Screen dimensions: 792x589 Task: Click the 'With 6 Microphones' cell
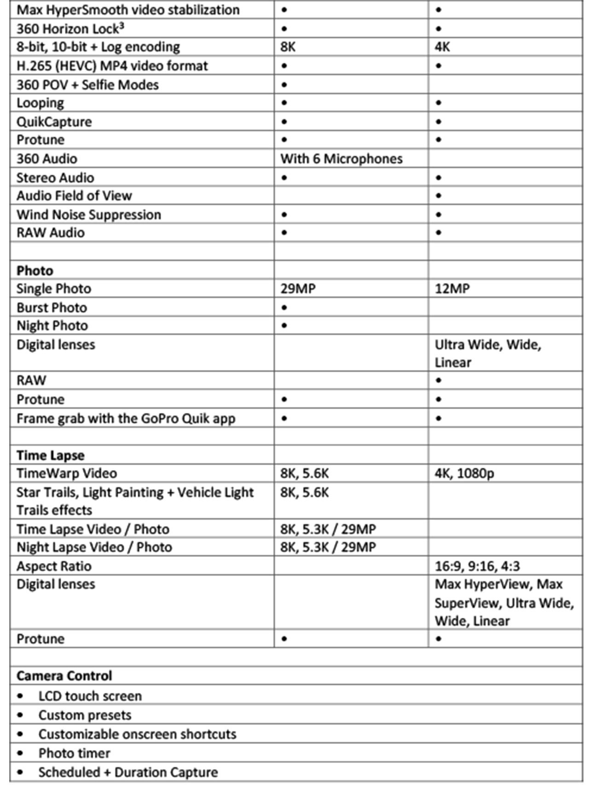pyautogui.click(x=341, y=159)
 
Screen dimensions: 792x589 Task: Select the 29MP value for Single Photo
pyautogui.click(x=298, y=289)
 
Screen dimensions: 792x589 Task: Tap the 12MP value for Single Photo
pyautogui.click(x=452, y=289)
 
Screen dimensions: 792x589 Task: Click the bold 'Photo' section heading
pyautogui.click(x=35, y=270)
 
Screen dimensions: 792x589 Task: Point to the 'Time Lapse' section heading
pyautogui.click(x=51, y=455)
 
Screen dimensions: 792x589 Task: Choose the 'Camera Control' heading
pyautogui.click(x=64, y=676)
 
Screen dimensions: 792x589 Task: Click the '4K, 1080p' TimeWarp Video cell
pyautogui.click(x=464, y=474)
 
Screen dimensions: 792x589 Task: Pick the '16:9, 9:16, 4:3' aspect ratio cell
pyautogui.click(x=477, y=566)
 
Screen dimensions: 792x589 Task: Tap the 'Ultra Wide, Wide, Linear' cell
pyautogui.click(x=488, y=353)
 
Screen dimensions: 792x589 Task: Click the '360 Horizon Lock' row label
pyautogui.click(x=70, y=29)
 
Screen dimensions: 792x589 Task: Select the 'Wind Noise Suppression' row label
pyautogui.click(x=89, y=215)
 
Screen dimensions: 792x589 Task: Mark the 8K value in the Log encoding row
pyautogui.click(x=288, y=47)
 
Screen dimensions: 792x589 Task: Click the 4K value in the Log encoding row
pyautogui.click(x=442, y=47)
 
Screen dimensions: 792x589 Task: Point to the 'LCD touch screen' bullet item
pyautogui.click(x=90, y=696)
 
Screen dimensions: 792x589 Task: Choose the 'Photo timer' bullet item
pyautogui.click(x=74, y=753)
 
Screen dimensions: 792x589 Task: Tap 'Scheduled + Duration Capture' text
pyautogui.click(x=128, y=772)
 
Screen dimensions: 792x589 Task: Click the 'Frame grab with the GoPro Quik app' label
pyautogui.click(x=126, y=418)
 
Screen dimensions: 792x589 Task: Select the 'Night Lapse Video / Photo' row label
pyautogui.click(x=94, y=547)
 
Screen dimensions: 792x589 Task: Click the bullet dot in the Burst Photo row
pyautogui.click(x=284, y=307)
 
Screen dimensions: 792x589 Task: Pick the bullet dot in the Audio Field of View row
pyautogui.click(x=439, y=196)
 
